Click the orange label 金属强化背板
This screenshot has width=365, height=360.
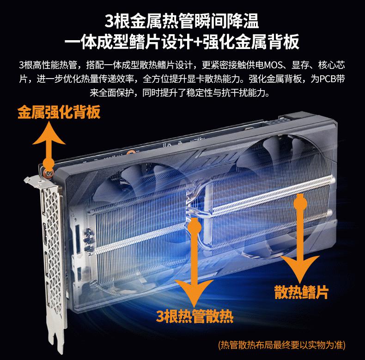[59, 112]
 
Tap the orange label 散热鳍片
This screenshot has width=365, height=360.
[301, 292]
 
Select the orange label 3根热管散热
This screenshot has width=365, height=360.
[195, 316]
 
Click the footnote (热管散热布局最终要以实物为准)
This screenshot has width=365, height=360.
[282, 345]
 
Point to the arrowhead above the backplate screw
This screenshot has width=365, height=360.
[49, 134]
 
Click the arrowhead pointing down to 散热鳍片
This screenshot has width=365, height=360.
[299, 268]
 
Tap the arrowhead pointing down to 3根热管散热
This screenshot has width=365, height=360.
[194, 292]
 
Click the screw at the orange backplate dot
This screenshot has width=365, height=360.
[49, 173]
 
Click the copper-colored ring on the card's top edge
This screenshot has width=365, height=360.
[132, 153]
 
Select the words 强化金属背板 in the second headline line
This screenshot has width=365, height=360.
[251, 42]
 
